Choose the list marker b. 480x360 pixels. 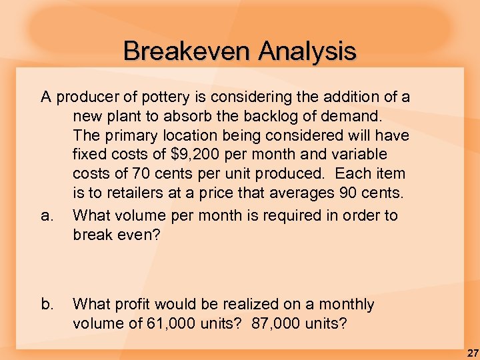pyautogui.click(x=47, y=305)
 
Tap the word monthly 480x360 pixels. pyautogui.click(x=346, y=305)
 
